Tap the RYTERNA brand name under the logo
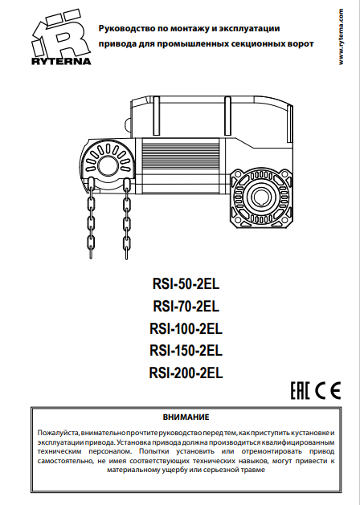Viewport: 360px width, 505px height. point(61,61)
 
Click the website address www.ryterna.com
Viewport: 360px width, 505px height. point(341,37)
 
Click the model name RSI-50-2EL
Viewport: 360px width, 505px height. point(186,284)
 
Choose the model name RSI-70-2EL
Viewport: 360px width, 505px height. point(186,306)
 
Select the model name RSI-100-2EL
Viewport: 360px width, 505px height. point(186,329)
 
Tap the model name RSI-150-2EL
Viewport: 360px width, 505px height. point(186,350)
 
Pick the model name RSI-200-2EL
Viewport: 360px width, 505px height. point(186,373)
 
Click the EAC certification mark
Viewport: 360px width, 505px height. point(300,390)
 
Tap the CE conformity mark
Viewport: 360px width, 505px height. point(328,390)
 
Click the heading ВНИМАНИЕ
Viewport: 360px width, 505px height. point(186,417)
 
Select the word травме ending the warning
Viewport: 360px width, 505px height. point(253,470)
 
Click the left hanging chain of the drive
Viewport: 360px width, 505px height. point(91,219)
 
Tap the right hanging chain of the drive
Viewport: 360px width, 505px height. point(126,219)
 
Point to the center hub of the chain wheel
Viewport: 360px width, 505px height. point(108,166)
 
